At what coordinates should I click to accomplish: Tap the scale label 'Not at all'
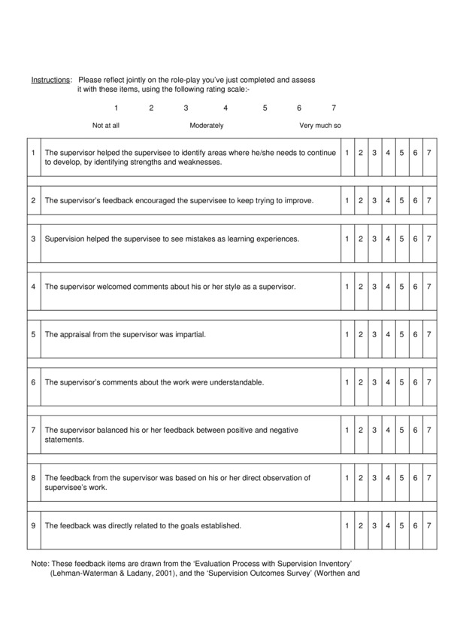tap(106, 126)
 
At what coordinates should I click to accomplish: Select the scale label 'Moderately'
tap(206, 126)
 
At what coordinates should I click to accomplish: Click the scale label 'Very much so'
tap(320, 126)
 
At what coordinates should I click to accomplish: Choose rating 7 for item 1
tap(428, 153)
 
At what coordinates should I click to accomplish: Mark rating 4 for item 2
tap(388, 201)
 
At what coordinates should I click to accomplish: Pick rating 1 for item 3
tap(347, 239)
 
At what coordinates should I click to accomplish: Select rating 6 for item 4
tap(415, 287)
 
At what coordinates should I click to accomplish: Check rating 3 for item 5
tap(374, 334)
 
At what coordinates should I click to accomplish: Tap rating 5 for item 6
tap(401, 382)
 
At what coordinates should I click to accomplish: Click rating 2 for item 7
tap(361, 430)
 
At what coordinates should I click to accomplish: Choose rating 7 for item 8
tap(428, 478)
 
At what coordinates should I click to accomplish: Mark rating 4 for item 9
tap(388, 525)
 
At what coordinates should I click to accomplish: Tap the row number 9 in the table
tap(33, 525)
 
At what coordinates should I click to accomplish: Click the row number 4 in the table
tap(33, 287)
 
